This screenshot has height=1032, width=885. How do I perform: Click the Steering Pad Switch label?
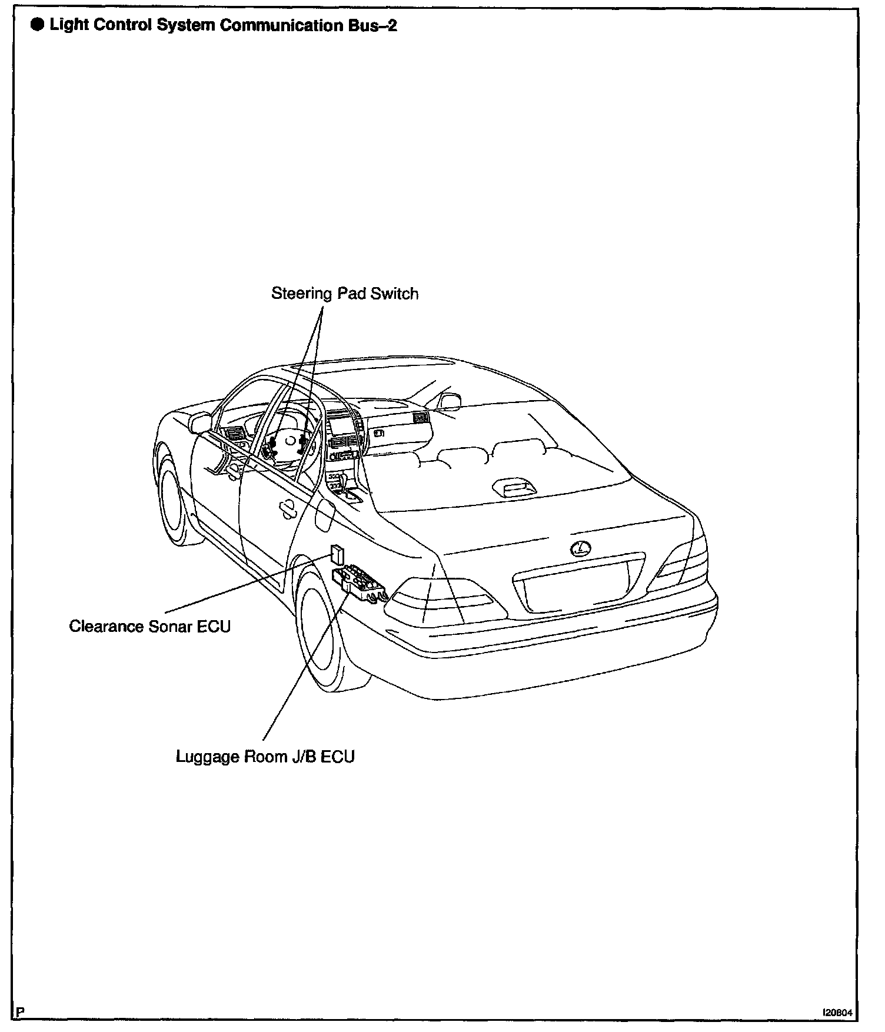point(344,293)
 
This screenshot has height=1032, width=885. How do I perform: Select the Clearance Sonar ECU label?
point(149,626)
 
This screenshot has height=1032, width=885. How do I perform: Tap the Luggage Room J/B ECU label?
point(265,757)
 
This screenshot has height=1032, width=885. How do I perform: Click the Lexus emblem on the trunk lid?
point(580,548)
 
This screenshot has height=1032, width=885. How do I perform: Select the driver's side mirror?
point(200,421)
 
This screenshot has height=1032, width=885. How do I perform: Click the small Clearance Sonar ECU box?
point(337,554)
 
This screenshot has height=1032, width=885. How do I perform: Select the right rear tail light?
point(684,559)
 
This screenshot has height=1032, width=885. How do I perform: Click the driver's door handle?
point(288,510)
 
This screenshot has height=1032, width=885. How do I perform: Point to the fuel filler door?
point(324,514)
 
